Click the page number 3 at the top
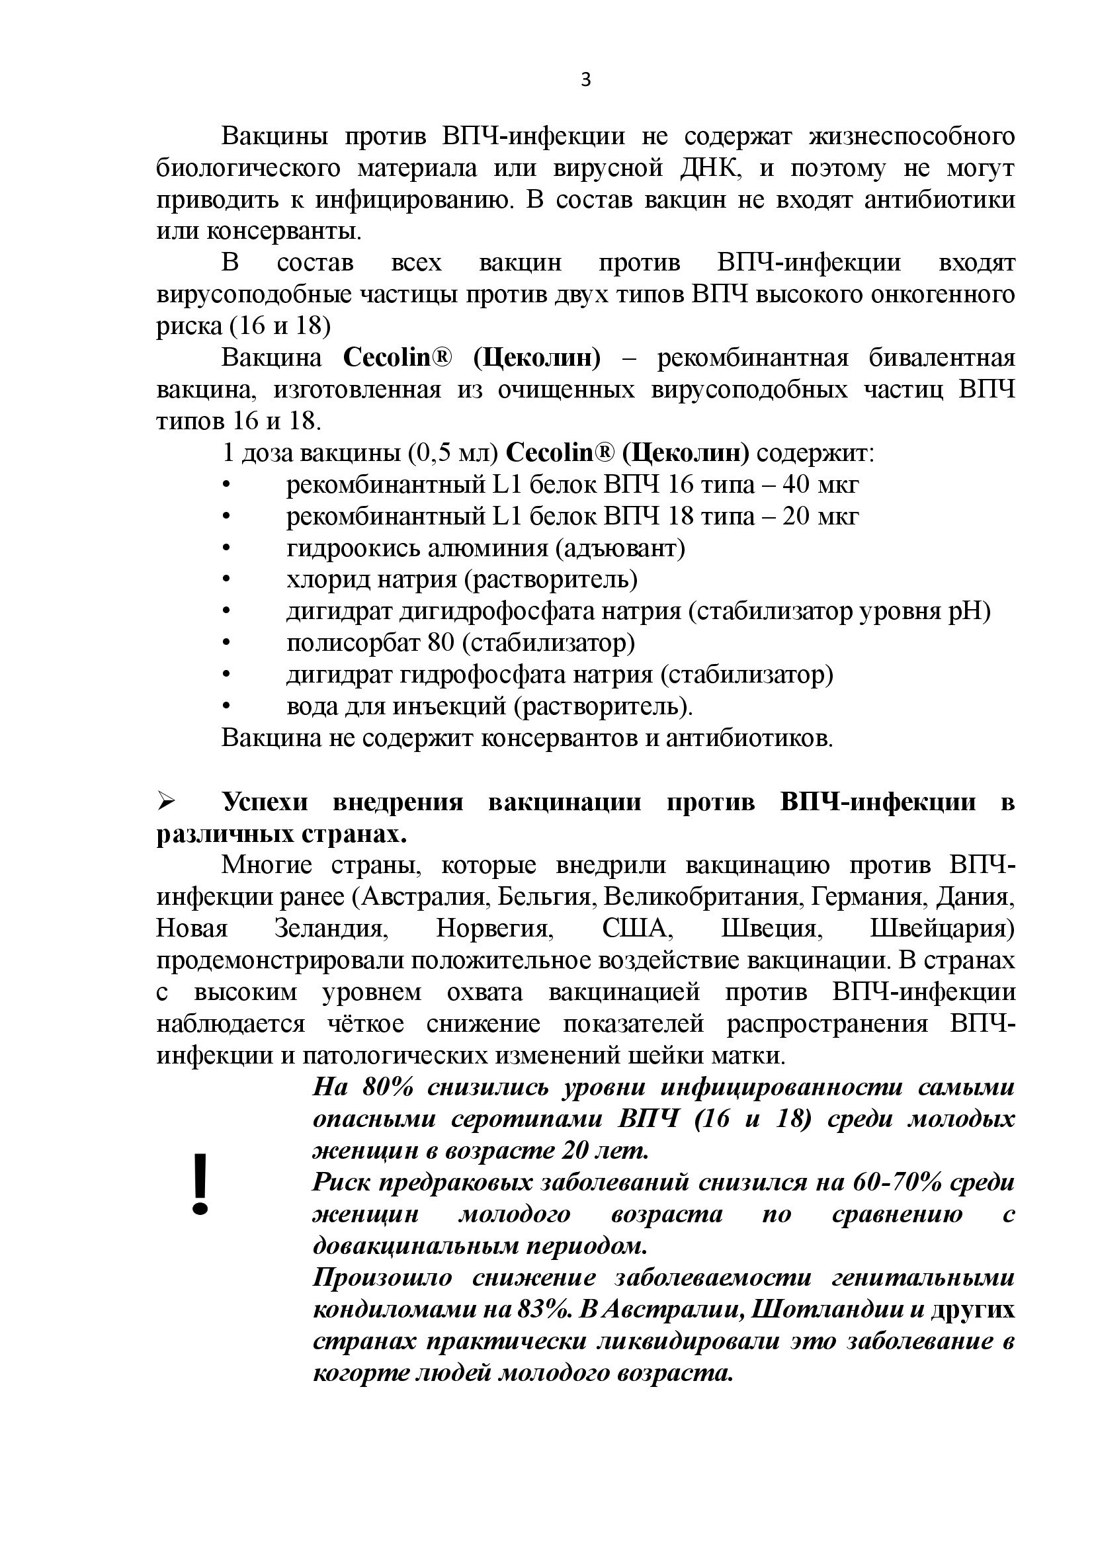pos(585,80)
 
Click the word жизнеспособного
pos(911,137)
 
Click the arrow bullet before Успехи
pos(166,802)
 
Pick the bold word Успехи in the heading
pos(265,802)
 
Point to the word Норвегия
pos(495,929)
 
